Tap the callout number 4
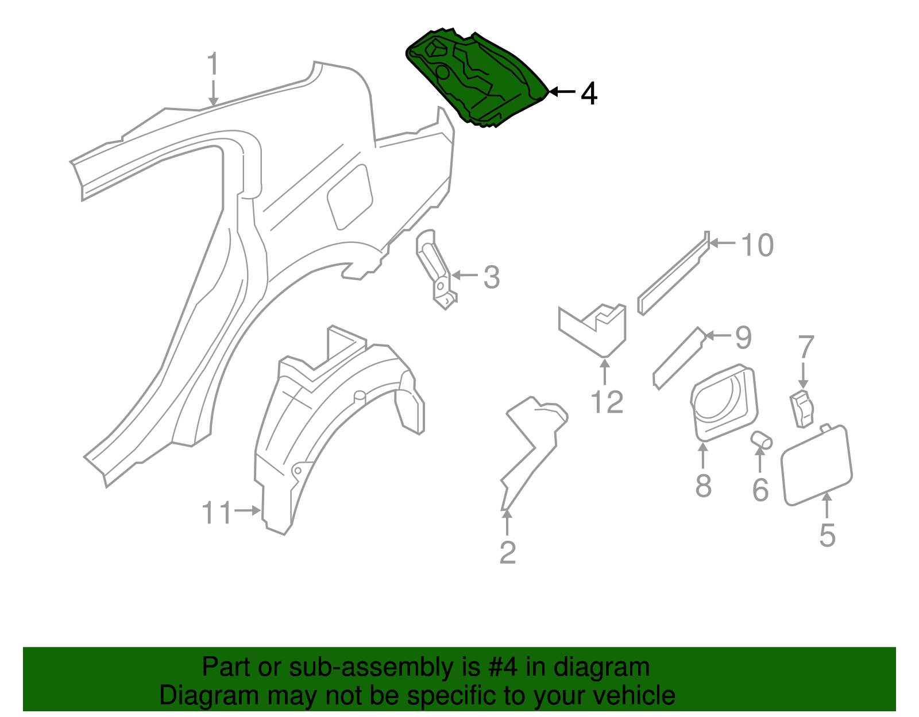(x=589, y=93)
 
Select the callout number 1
(x=213, y=64)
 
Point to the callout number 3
(x=491, y=277)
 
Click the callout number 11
(x=216, y=513)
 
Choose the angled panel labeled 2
(x=531, y=448)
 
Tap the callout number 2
(x=508, y=552)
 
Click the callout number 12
(x=607, y=402)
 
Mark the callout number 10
(x=757, y=245)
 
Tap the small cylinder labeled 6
(x=762, y=440)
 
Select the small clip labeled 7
(x=802, y=408)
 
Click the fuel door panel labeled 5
(x=816, y=465)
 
